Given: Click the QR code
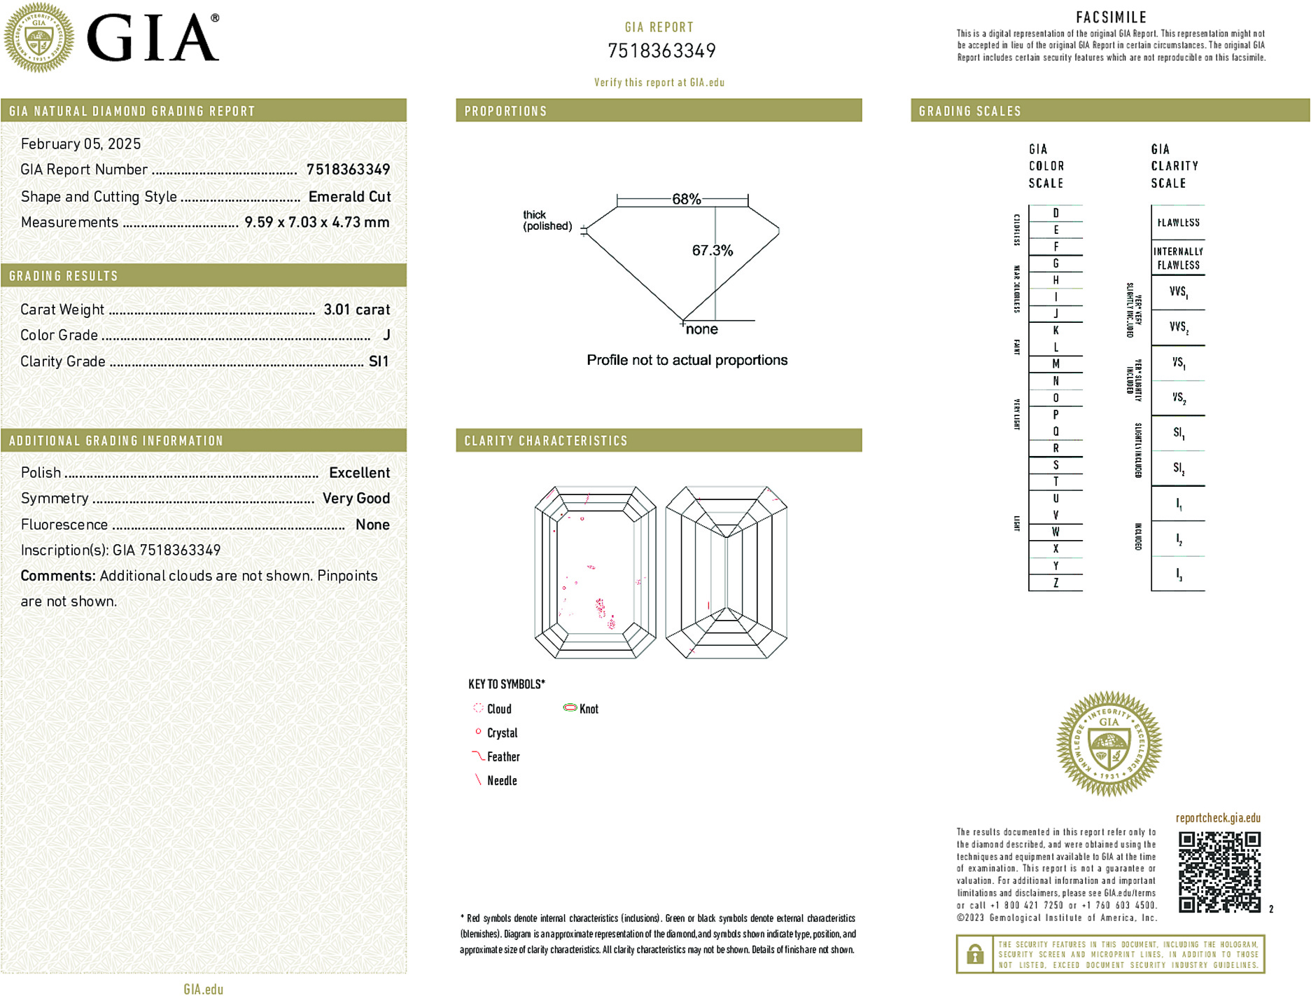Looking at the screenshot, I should [1219, 871].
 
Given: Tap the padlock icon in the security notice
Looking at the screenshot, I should [974, 954].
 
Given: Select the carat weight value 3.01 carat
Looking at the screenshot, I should [356, 310].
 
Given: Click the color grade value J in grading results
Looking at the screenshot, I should [386, 336].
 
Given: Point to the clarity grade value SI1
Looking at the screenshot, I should [379, 361].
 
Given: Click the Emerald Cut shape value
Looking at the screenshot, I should [349, 197].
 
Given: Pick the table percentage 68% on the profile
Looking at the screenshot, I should [686, 199].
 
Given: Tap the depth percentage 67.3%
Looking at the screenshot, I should [712, 250].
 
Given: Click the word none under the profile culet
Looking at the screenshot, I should [701, 329].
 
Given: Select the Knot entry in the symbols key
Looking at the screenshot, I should [588, 709].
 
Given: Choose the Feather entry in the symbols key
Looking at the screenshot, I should [503, 756].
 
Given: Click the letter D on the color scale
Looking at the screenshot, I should [1056, 213].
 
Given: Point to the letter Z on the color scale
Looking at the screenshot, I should [1056, 583].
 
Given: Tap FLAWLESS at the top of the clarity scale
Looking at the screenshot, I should [1178, 223].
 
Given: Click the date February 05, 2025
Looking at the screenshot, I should [81, 144].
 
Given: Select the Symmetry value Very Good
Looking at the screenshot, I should [356, 498].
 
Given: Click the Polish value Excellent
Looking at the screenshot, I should [359, 473].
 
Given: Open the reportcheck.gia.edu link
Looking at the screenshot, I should [1218, 818].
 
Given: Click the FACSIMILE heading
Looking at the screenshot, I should [1111, 18].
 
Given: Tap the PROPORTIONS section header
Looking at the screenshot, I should [505, 111].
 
